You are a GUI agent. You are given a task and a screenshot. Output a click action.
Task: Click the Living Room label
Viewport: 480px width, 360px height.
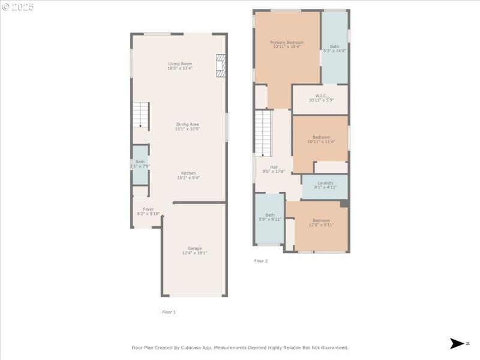(x=179, y=64)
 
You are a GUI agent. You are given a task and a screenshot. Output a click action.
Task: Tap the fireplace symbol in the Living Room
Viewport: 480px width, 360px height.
(x=221, y=66)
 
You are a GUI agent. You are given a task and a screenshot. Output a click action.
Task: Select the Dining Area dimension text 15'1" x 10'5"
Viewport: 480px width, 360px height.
(x=187, y=129)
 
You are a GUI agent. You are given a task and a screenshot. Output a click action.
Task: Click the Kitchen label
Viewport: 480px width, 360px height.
(x=188, y=173)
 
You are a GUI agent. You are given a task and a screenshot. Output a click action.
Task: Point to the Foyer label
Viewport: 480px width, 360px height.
(x=148, y=209)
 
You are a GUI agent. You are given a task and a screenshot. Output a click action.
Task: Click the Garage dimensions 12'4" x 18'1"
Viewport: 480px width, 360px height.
(x=194, y=253)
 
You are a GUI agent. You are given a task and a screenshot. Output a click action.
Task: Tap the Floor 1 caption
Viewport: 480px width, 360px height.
(x=169, y=312)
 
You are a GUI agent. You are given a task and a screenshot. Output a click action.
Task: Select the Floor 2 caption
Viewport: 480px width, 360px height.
(x=261, y=261)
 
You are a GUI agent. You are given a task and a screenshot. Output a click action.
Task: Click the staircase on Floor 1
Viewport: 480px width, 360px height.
(x=140, y=115)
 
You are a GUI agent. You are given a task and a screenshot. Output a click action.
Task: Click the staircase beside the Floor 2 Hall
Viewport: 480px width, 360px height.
(x=263, y=133)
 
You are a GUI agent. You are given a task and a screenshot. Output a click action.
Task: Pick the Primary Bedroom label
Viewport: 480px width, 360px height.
(x=287, y=43)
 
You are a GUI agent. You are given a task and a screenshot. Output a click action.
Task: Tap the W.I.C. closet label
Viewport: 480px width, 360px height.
(x=320, y=95)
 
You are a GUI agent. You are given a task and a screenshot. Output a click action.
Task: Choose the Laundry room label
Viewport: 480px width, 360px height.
(x=325, y=183)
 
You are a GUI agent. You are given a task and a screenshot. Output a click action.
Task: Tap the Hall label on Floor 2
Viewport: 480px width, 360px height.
(x=274, y=167)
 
